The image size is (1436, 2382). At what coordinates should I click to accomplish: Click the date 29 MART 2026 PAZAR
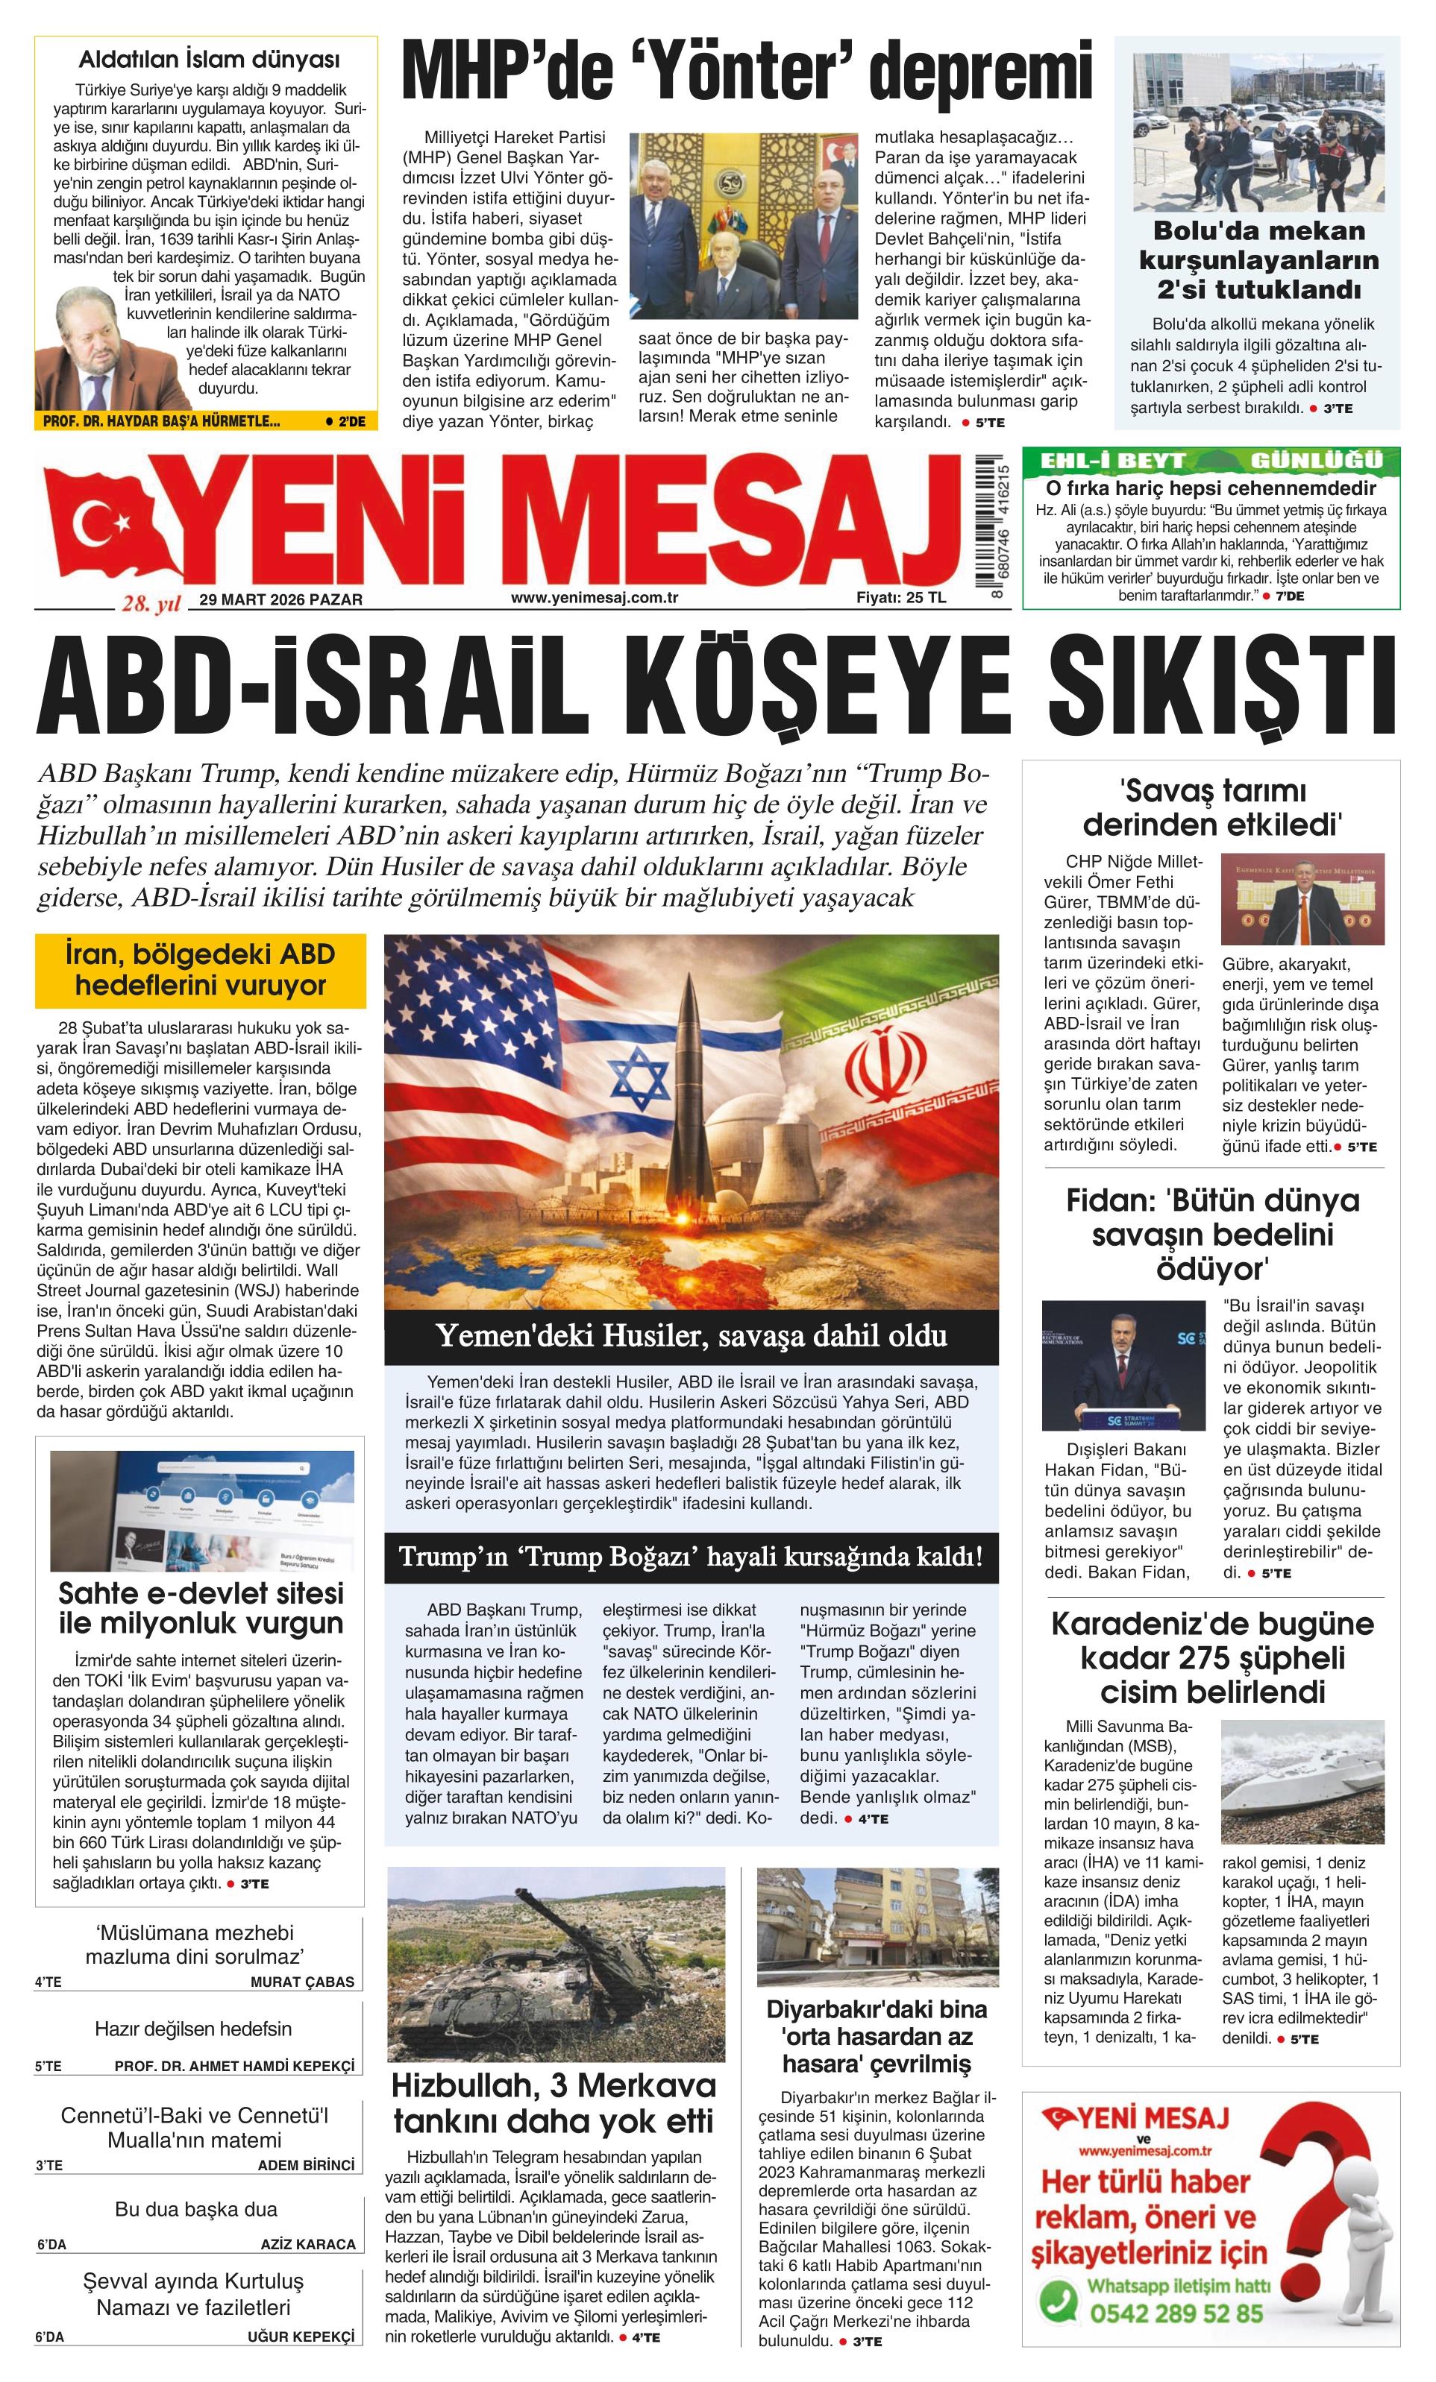pyautogui.click(x=280, y=599)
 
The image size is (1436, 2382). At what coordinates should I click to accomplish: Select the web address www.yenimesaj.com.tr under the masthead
pyautogui.click(x=594, y=597)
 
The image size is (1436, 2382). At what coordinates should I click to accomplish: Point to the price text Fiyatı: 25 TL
pyautogui.click(x=900, y=597)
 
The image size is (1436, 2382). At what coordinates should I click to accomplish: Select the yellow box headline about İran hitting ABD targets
pyautogui.click(x=200, y=971)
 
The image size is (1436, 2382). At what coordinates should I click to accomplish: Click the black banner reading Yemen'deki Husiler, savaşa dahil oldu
pyautogui.click(x=691, y=1336)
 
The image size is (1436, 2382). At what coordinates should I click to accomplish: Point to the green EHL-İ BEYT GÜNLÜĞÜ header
pyautogui.click(x=1208, y=460)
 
